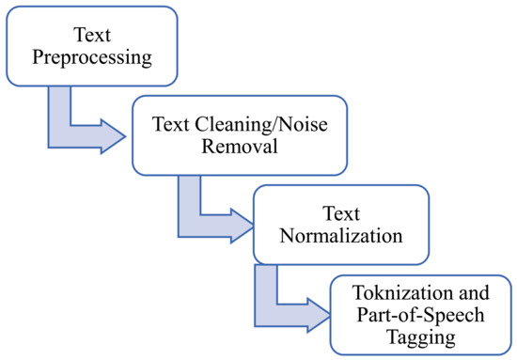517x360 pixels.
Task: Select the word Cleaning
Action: point(219,123)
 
